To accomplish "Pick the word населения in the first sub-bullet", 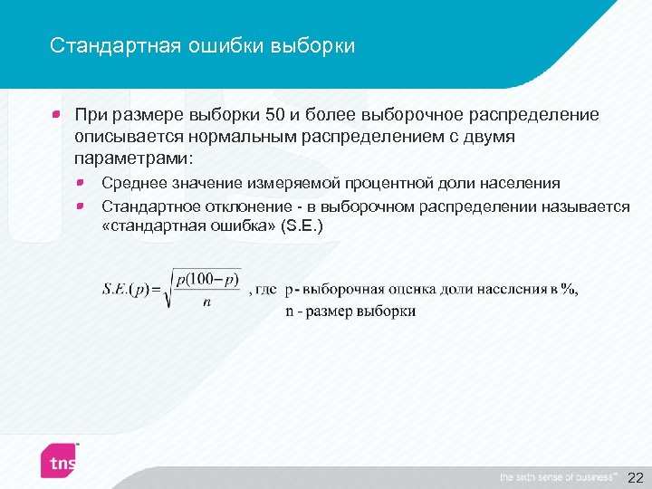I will (x=523, y=185).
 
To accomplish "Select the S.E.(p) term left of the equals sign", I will (x=130, y=290).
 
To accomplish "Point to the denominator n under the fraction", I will (x=207, y=302).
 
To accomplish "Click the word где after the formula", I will (x=266, y=290).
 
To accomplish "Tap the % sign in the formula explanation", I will (x=567, y=290).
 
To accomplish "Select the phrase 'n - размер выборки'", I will (x=350, y=311).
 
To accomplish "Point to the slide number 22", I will (x=635, y=476).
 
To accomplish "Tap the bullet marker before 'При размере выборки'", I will (x=56, y=115).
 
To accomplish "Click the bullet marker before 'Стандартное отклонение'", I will (x=81, y=206).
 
